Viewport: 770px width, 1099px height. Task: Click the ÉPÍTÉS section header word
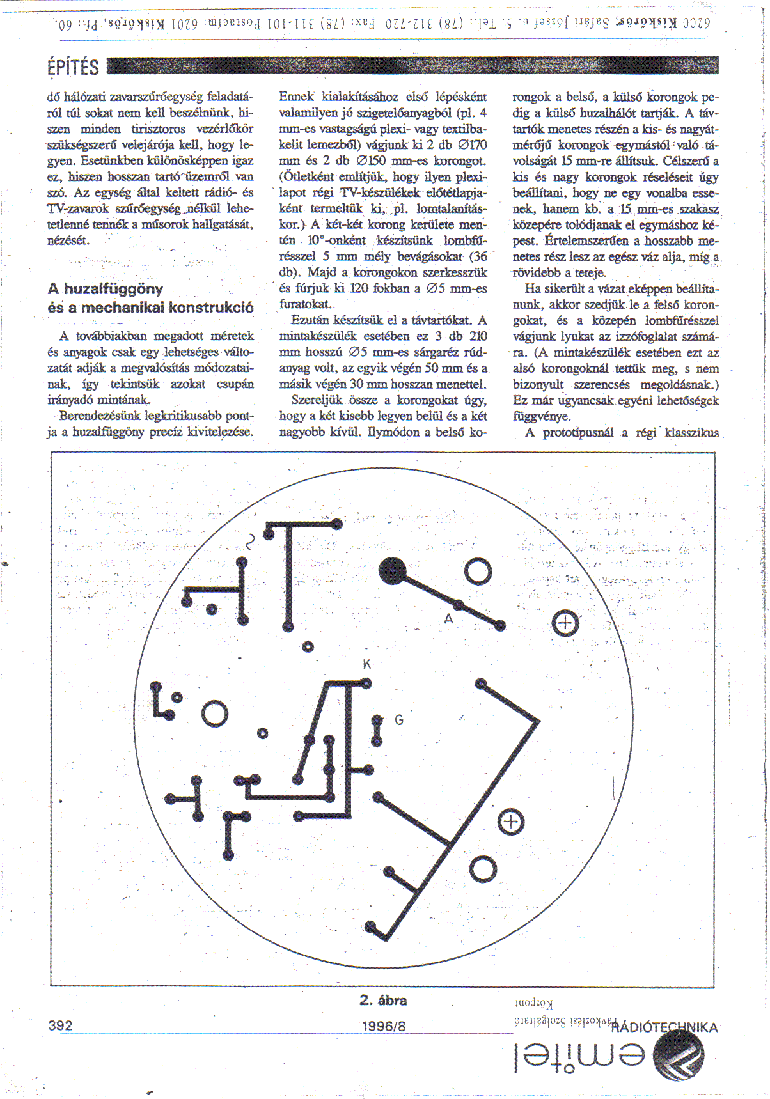pos(74,66)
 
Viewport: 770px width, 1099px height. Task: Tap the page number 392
pos(61,1025)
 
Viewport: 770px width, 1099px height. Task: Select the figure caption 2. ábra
pos(383,1001)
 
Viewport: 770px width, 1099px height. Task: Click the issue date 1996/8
pos(384,1026)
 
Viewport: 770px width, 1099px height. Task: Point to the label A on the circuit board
pos(449,618)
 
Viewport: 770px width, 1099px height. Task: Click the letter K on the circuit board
pos(367,664)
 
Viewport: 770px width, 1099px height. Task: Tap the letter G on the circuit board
pos(399,720)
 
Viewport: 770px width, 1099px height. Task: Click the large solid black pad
pos(392,571)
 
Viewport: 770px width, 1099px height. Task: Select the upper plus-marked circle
pos(565,623)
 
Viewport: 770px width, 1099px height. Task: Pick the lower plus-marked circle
pos(510,822)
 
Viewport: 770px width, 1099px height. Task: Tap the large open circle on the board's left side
pos(215,714)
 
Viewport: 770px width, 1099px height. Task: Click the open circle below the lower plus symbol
pos(483,869)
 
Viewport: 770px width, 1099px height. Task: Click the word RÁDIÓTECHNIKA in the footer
pos(664,1027)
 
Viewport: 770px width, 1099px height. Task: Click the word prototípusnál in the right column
pos(578,433)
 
